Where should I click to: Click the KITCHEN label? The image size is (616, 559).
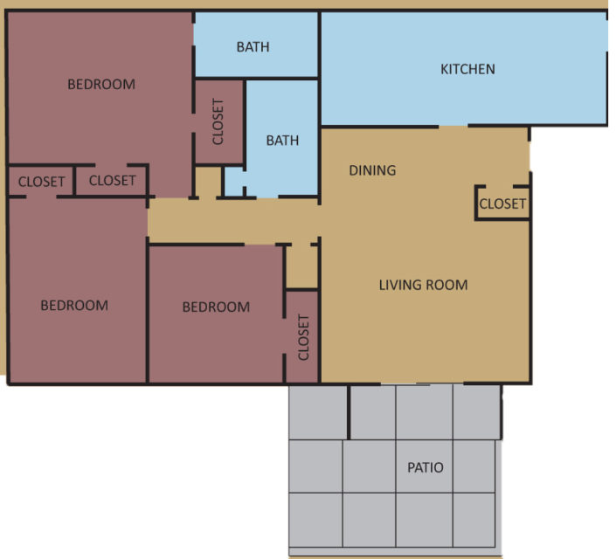coord(467,69)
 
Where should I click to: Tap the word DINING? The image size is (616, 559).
coord(372,170)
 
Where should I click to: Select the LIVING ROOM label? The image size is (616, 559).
coord(423,285)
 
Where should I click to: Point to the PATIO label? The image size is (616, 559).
coord(426,467)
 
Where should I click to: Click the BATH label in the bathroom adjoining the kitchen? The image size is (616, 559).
coord(253,46)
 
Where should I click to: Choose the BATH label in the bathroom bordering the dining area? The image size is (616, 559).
coord(282,140)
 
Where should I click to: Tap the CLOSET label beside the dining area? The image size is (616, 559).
coord(502,204)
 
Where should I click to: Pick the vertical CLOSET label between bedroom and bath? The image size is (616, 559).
coord(218,121)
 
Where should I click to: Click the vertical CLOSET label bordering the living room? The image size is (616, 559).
coord(304,337)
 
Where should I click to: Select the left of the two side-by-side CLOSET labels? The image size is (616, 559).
coord(42,182)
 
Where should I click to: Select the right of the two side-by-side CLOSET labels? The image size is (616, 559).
coord(113,181)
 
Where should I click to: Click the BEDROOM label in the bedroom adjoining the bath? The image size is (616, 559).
coord(101,85)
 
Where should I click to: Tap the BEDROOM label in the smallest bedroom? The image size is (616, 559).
coord(216,307)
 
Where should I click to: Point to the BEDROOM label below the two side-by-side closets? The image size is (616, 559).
coord(74,306)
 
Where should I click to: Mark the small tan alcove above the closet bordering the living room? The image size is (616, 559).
coord(302,266)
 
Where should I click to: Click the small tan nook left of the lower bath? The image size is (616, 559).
coord(207,181)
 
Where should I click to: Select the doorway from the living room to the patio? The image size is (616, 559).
coord(423,383)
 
